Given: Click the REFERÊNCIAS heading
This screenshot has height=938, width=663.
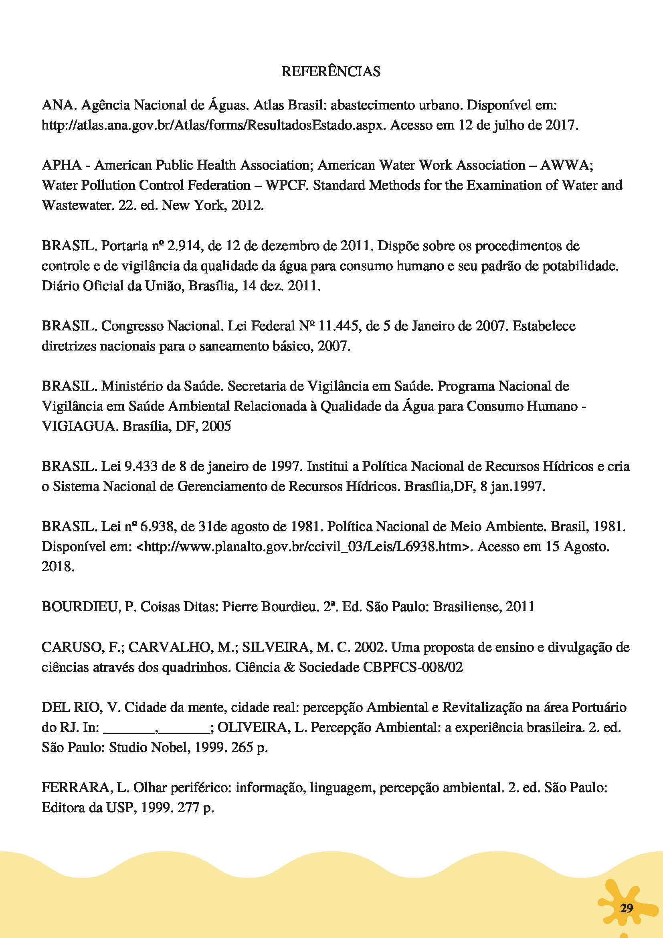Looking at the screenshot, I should click(x=331, y=71).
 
